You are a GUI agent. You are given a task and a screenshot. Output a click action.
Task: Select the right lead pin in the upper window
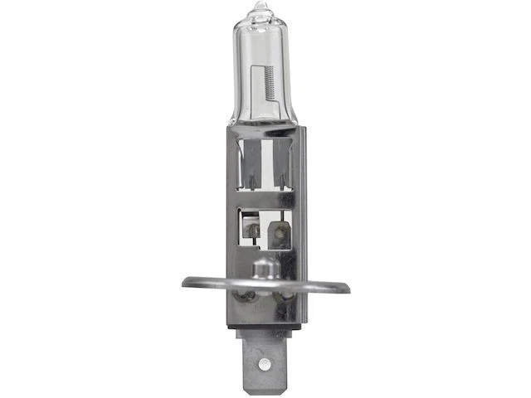click(x=281, y=177)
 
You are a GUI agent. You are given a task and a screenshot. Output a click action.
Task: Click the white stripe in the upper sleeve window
click(x=264, y=162)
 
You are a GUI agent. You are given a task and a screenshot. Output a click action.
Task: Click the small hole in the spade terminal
click(x=264, y=364)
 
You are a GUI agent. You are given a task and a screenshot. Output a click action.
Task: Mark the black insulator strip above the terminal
click(x=264, y=328)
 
